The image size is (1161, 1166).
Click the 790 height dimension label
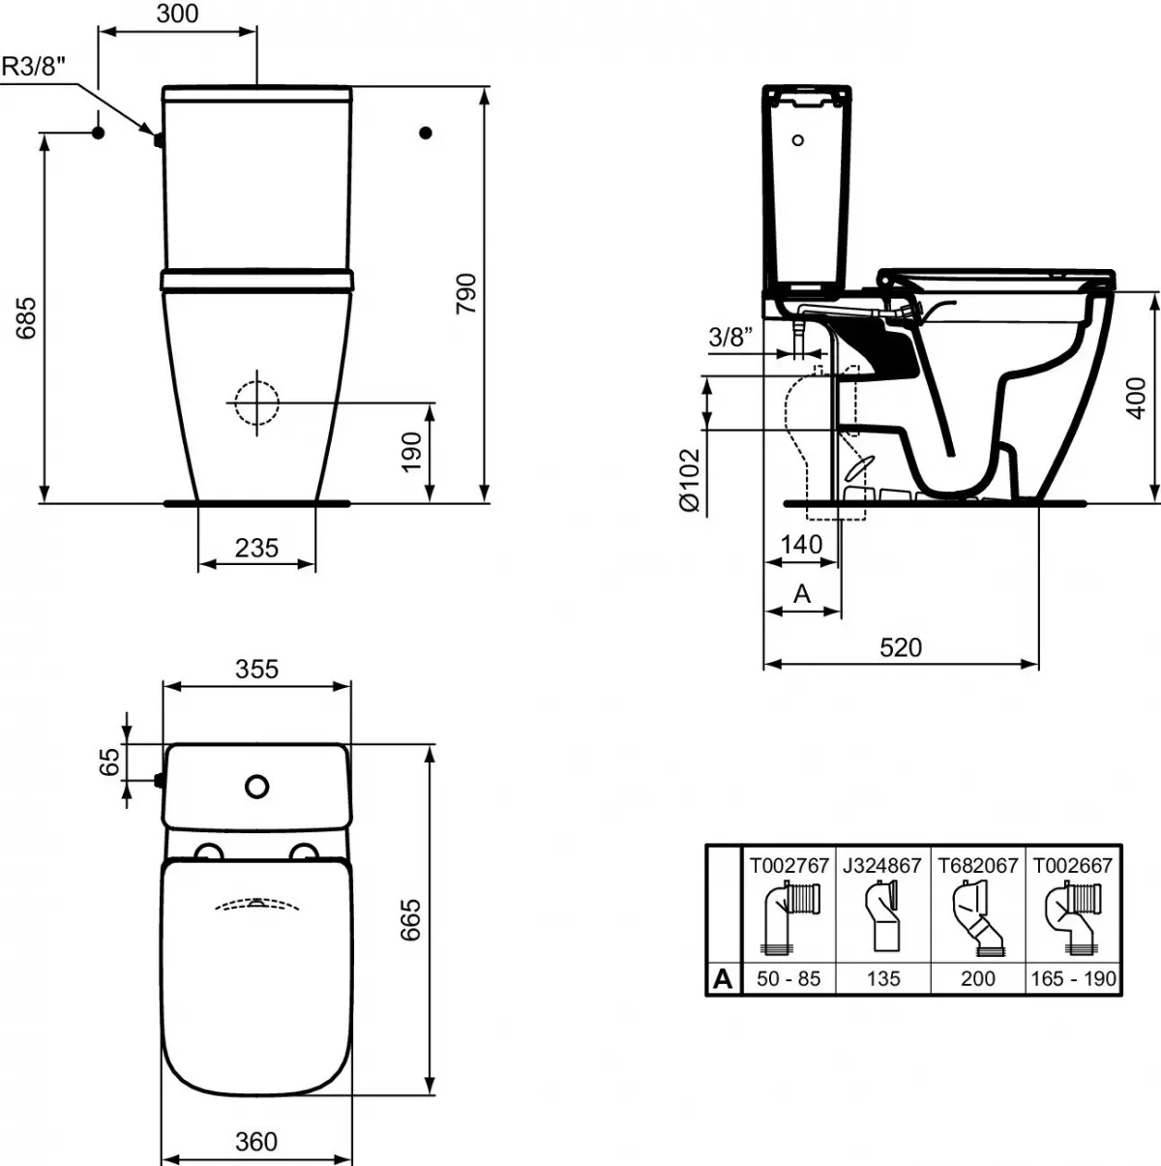[x=466, y=292]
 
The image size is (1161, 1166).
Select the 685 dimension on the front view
[x=26, y=316]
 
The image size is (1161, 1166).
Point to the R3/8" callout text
[x=35, y=66]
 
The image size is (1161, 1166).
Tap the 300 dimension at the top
[x=177, y=14]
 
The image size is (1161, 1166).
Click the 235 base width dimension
[x=256, y=548]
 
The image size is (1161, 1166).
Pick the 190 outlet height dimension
[x=411, y=452]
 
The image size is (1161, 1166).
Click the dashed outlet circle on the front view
[x=255, y=399]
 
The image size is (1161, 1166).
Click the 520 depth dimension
[x=900, y=647]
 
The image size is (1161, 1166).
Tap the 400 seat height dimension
[x=1139, y=398]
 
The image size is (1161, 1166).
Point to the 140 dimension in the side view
[x=801, y=545]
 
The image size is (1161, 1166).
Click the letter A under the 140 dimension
[x=802, y=593]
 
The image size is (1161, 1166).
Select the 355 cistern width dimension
[x=256, y=669]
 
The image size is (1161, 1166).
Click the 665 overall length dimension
[x=410, y=920]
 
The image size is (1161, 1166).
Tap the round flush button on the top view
[x=256, y=787]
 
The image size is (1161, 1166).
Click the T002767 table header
[x=789, y=865]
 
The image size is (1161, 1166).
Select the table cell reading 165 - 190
[x=1073, y=978]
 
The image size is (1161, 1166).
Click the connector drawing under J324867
[x=882, y=919]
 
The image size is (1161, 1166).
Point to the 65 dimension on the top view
[x=109, y=761]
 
